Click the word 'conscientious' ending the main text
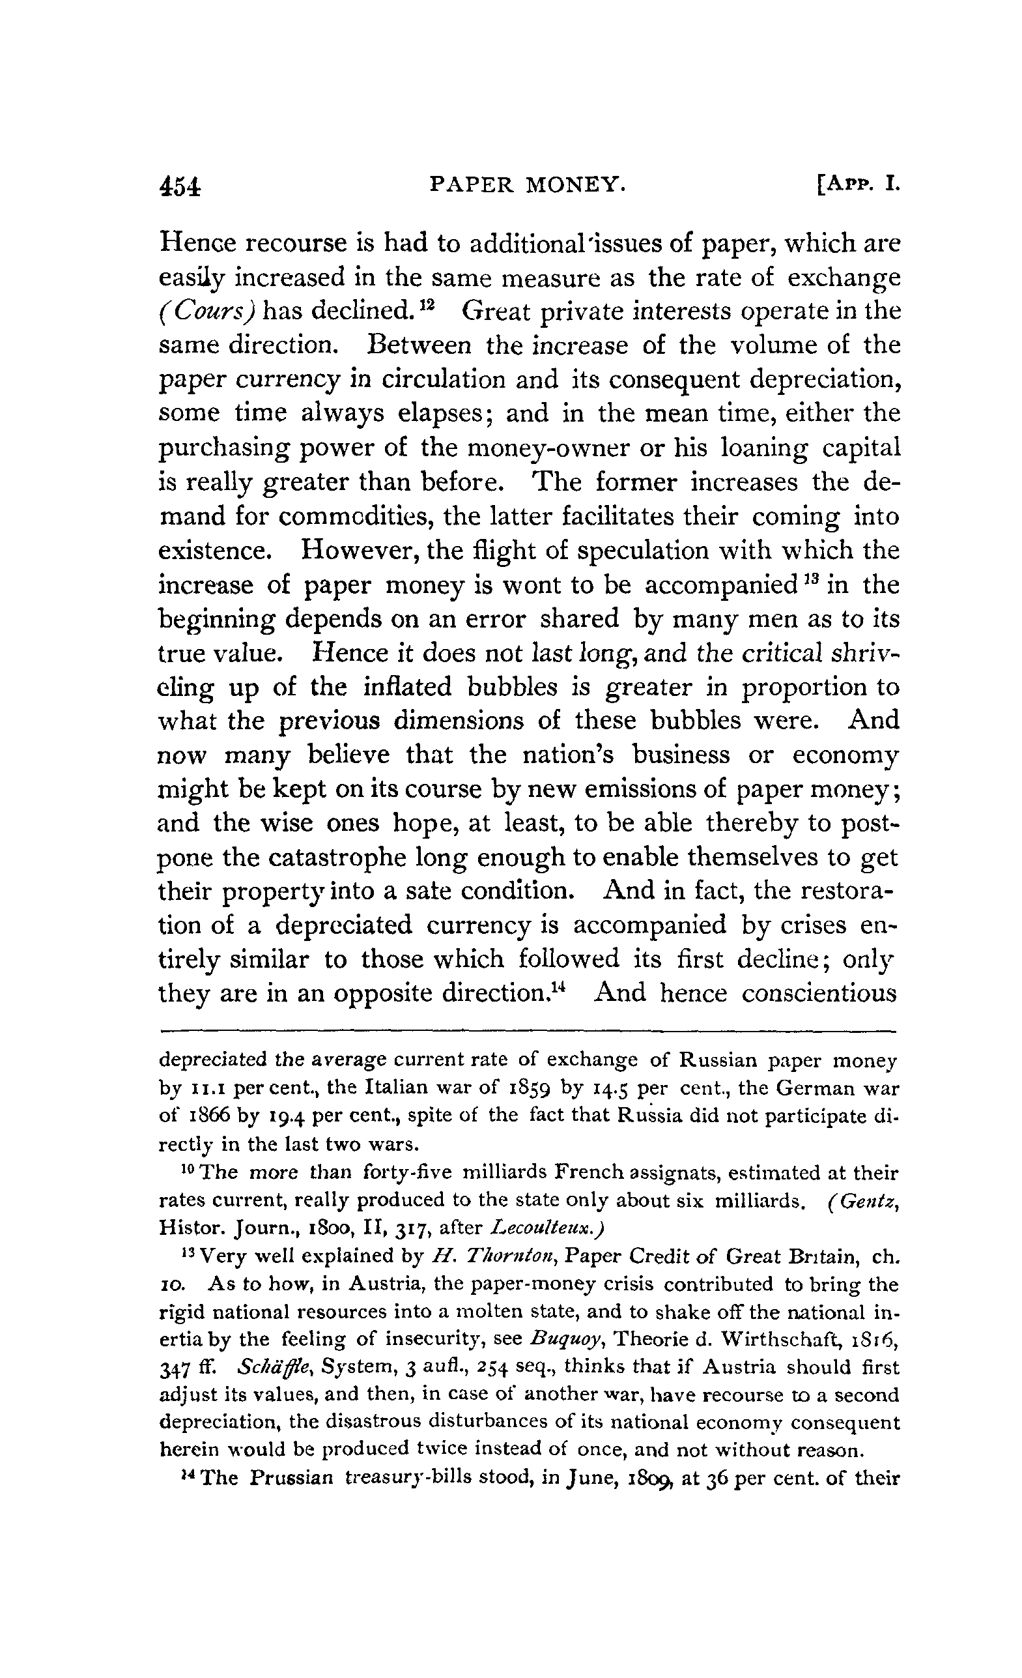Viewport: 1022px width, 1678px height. (x=819, y=993)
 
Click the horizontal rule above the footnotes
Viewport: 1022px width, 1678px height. (x=528, y=1031)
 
